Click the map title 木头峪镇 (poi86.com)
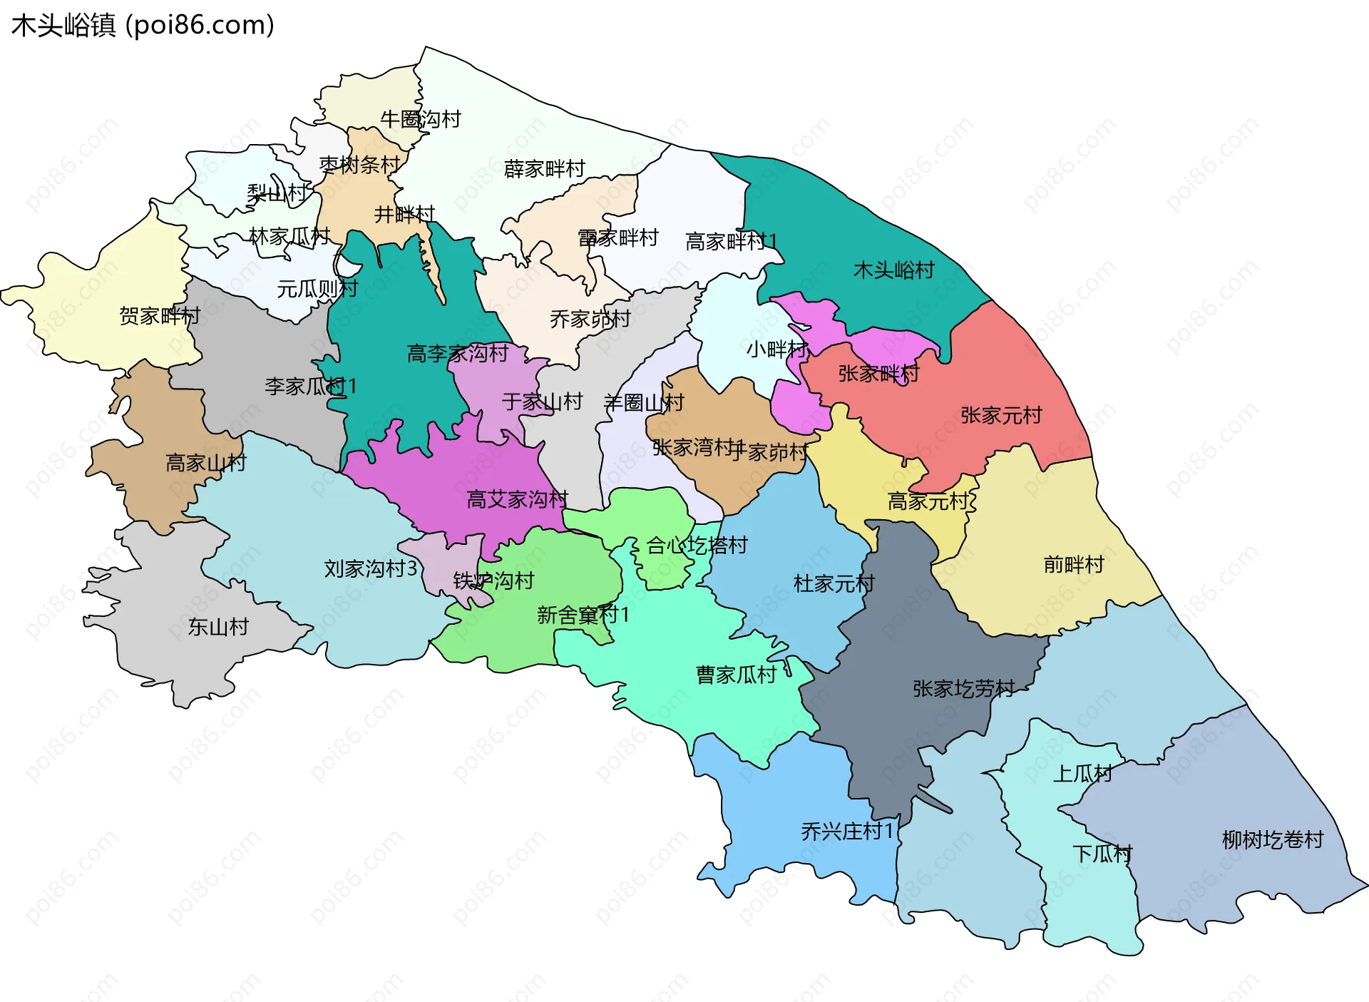coord(143,26)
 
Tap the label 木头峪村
coord(893,270)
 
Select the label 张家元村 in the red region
coord(1001,415)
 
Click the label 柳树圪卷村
coord(1272,839)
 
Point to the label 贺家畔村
coord(160,315)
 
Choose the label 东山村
coord(218,627)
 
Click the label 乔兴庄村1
coord(846,831)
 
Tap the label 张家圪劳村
coord(963,688)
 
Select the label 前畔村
coord(1073,565)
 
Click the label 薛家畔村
coord(544,169)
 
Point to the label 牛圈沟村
coord(421,119)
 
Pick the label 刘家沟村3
coord(370,568)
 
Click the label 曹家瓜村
coord(736,675)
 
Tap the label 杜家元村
coord(834,583)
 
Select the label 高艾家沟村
coord(517,499)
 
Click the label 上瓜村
coord(1082,773)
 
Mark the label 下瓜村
coord(1102,854)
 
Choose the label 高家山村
coord(205,463)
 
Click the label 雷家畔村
coord(617,237)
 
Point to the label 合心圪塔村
coord(697,546)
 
